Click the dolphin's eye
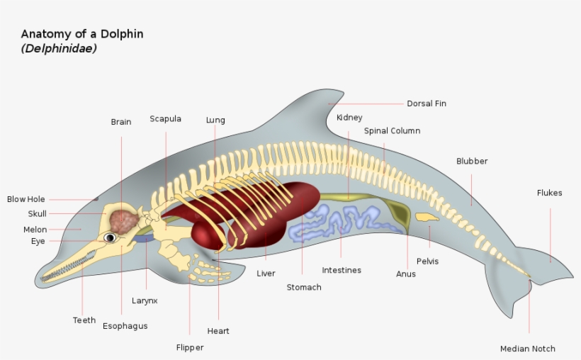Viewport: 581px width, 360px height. [110, 237]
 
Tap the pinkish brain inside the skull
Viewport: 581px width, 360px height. [124, 222]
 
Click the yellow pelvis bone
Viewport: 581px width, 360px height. [427, 218]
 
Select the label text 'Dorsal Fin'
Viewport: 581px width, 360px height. [427, 103]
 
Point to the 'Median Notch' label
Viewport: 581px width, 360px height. [528, 349]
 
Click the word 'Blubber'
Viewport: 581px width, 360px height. [472, 161]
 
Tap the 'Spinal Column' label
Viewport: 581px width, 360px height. [392, 131]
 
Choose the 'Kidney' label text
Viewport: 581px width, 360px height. [349, 118]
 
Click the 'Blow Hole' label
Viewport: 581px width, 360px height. [26, 199]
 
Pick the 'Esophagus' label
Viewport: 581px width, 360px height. [125, 326]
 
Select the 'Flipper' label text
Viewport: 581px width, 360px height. [190, 347]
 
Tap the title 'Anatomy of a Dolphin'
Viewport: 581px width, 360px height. [82, 34]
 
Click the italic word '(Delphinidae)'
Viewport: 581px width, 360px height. [59, 48]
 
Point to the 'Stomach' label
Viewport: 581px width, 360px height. [304, 287]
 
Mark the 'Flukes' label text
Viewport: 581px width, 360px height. [550, 193]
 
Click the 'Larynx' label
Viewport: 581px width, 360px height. [145, 300]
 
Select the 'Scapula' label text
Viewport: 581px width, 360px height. [165, 119]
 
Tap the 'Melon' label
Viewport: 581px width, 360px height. [35, 230]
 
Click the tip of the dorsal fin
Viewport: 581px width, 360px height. [343, 91]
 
